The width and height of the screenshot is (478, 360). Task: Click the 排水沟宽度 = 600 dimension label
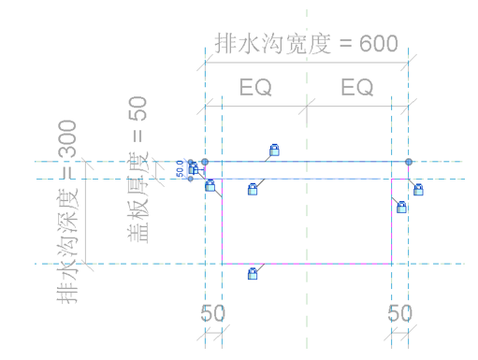point(306,43)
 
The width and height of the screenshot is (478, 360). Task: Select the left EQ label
point(255,88)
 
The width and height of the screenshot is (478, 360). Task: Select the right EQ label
point(357,88)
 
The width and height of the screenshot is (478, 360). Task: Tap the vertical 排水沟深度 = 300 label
point(66,210)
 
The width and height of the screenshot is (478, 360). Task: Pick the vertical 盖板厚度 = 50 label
point(138,172)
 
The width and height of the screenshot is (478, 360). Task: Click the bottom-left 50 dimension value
point(213,313)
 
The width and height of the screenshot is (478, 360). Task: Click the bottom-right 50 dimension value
point(399,313)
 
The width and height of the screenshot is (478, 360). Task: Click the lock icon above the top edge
point(275,150)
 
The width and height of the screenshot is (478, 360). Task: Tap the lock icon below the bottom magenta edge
point(253,274)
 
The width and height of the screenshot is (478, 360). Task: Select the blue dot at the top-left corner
point(205,162)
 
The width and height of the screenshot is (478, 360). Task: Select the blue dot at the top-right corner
point(409,162)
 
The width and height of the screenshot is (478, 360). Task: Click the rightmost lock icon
point(419,190)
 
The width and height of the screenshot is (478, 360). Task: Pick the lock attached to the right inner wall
point(402,207)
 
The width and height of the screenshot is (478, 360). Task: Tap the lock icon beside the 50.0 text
point(194,168)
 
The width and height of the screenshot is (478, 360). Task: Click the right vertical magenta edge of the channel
point(391,224)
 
